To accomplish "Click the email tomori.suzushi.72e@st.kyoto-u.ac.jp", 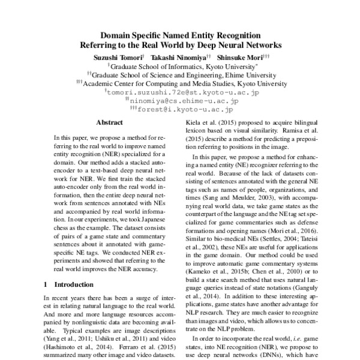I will pyautogui.click(x=182, y=93).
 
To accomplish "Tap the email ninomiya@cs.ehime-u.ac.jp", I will pyautogui.click(x=183, y=102).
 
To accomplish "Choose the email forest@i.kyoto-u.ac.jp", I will pyautogui.click(x=183, y=110).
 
